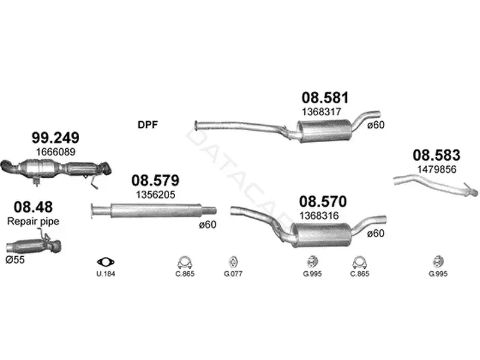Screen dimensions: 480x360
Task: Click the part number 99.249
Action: (55, 138)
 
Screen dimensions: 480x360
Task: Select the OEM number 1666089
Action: (55, 152)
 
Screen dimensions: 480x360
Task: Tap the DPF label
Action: (148, 125)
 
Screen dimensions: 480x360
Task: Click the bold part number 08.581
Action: (325, 98)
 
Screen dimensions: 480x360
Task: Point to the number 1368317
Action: (321, 112)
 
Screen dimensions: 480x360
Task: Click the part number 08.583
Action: (436, 155)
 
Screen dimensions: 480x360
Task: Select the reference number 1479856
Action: (437, 169)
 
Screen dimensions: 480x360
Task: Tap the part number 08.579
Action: (155, 181)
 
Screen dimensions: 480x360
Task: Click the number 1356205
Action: (155, 194)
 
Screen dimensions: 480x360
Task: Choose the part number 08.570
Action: (323, 202)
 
